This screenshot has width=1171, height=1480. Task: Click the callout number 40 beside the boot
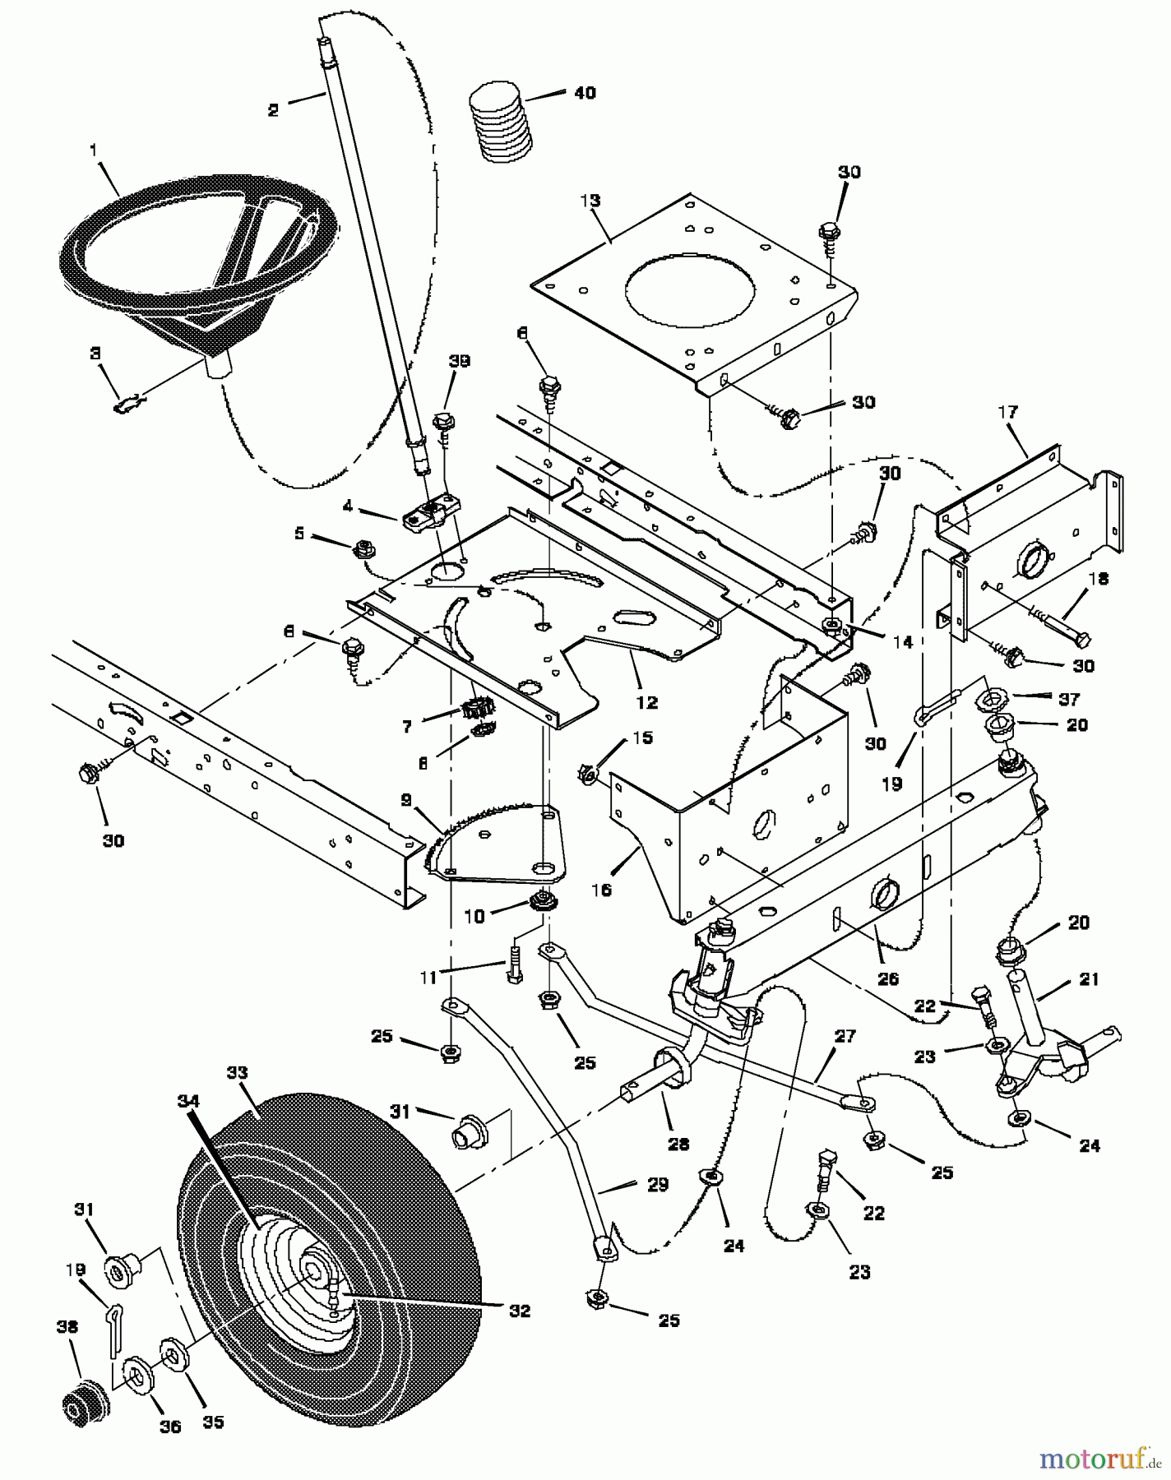(x=585, y=93)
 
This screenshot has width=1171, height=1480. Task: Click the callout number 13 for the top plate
(x=590, y=201)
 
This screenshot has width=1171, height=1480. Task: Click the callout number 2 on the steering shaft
(x=274, y=110)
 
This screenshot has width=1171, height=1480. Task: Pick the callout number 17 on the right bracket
(x=1009, y=411)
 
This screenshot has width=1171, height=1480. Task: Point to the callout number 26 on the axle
(x=888, y=979)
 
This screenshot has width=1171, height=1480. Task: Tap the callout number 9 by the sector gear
(x=407, y=799)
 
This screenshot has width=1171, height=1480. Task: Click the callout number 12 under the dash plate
(x=647, y=702)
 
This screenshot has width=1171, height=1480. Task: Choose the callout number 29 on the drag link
(x=658, y=1185)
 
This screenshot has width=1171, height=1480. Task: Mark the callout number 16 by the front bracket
(x=602, y=890)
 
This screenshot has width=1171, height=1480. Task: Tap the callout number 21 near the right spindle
(x=1089, y=978)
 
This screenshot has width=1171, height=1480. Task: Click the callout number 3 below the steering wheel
(x=96, y=353)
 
